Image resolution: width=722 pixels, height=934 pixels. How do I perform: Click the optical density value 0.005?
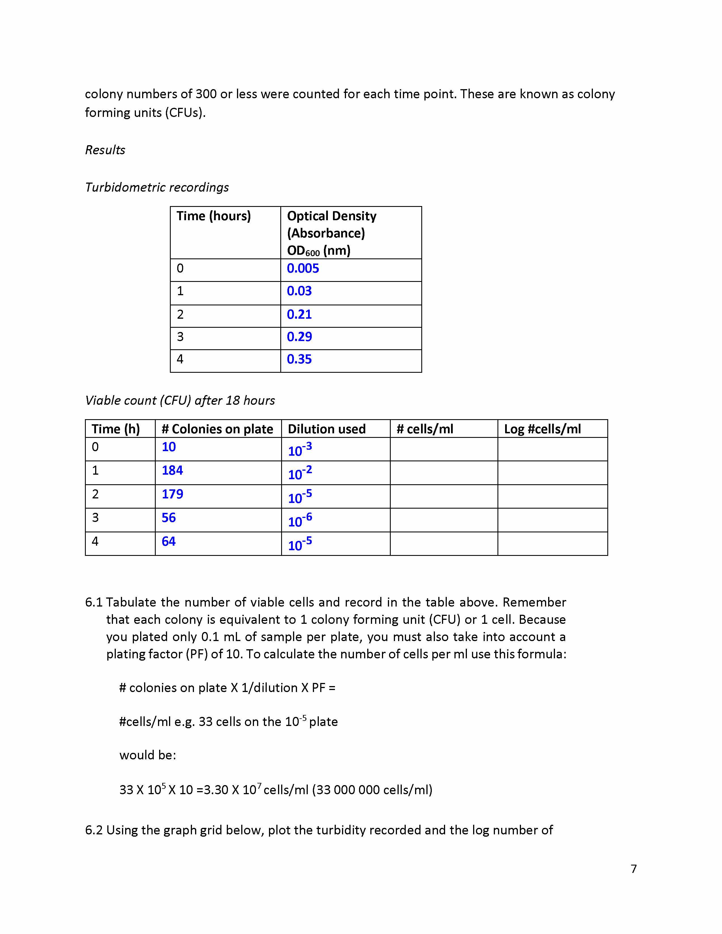point(303,269)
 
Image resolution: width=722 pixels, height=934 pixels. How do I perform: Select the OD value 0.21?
point(299,314)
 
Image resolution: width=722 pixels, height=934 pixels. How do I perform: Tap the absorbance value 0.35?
point(299,359)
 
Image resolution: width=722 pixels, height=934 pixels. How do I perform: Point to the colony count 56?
point(168,518)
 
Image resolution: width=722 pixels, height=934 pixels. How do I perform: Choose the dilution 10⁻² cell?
point(300,473)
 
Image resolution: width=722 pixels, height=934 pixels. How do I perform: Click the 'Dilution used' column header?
point(326,429)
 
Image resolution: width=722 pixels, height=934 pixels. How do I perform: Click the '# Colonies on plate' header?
point(217,429)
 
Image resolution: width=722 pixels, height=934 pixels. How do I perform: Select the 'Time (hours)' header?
point(213,216)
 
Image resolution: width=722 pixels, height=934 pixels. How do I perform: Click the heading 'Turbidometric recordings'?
point(157,187)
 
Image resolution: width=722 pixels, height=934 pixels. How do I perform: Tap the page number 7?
point(633,869)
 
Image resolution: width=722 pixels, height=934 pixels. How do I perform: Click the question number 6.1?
point(94,602)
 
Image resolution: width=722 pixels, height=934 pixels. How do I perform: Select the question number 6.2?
point(94,830)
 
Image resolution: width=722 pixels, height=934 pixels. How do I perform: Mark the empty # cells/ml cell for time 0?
point(444,449)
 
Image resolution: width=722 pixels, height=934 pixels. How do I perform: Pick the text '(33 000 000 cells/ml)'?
point(372,789)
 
